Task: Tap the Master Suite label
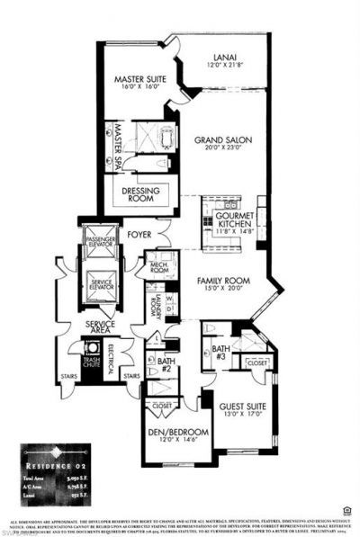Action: click(x=138, y=80)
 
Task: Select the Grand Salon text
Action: click(x=219, y=140)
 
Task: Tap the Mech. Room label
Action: click(x=158, y=267)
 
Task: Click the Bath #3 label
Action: click(x=220, y=351)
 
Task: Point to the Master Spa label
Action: click(x=115, y=142)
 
